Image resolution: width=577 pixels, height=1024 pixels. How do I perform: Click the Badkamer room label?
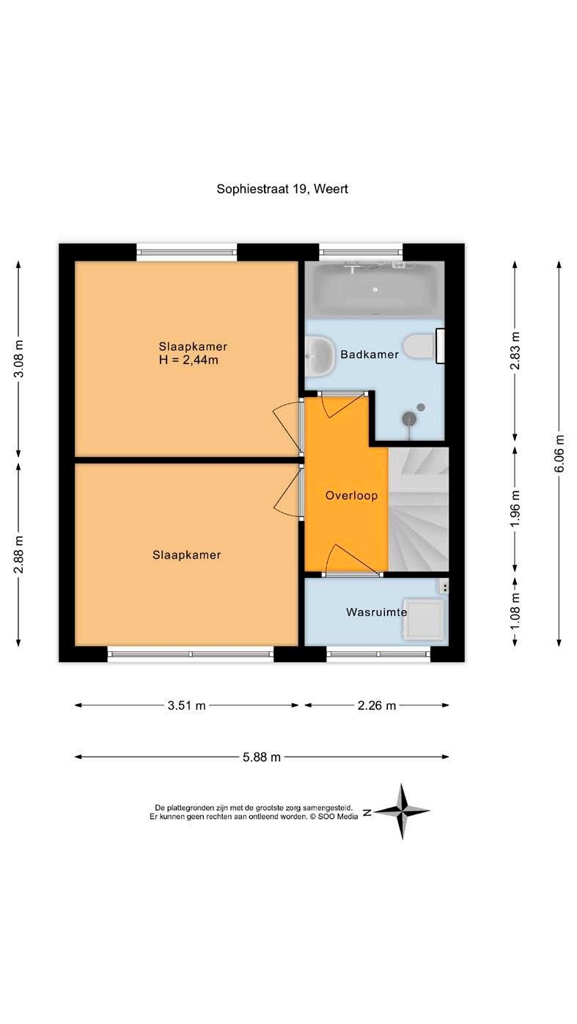(x=370, y=355)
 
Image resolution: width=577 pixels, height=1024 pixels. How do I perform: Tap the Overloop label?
(x=351, y=496)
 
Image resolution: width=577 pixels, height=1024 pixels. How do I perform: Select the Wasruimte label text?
(x=377, y=612)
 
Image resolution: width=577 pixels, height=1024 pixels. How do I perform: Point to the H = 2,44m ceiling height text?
(x=188, y=360)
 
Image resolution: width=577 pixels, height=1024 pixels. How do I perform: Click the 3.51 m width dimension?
(x=186, y=705)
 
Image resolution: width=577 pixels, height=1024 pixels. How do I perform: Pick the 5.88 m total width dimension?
(x=261, y=757)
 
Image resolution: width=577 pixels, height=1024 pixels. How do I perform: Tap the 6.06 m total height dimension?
(x=559, y=453)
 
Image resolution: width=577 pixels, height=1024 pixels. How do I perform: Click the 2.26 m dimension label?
(x=377, y=705)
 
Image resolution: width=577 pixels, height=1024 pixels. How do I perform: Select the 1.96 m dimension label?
(x=515, y=508)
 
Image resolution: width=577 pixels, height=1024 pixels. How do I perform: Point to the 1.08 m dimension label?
(x=515, y=611)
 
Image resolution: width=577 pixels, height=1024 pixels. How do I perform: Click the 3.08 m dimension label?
(x=19, y=359)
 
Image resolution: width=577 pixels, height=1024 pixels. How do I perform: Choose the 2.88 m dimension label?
(x=19, y=554)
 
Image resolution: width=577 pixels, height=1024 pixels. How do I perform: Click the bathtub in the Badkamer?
(x=375, y=289)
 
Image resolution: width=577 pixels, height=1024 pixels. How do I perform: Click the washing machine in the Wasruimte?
(x=424, y=618)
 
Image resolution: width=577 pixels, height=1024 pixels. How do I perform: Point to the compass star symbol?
(x=402, y=812)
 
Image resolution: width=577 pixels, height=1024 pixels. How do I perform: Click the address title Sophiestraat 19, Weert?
(x=282, y=189)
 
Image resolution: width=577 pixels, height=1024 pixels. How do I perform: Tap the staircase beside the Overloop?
(x=418, y=509)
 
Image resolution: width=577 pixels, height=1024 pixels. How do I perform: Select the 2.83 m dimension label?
(x=515, y=351)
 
